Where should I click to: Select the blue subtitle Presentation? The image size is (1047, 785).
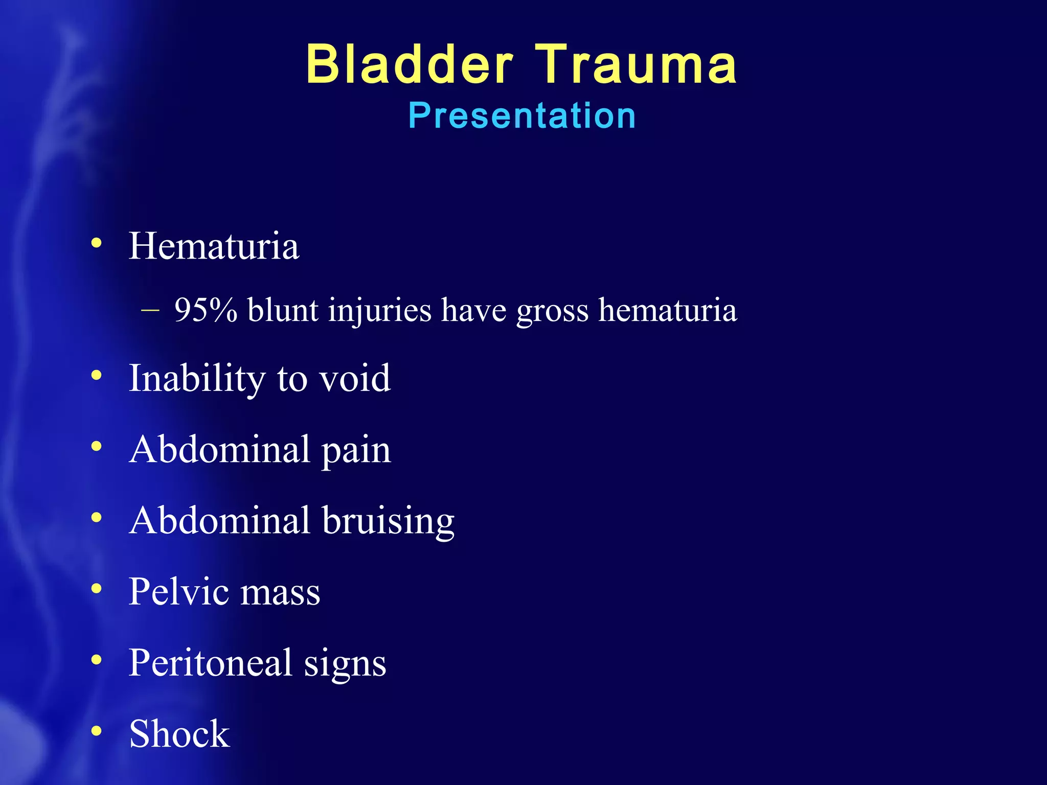click(522, 116)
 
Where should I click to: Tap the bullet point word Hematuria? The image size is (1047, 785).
click(214, 246)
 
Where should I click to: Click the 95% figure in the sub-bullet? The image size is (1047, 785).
click(206, 310)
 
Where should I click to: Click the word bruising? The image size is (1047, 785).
click(388, 521)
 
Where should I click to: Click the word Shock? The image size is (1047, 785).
click(179, 734)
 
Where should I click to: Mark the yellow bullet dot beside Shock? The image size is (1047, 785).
click(96, 731)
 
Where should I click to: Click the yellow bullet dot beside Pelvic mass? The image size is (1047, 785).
click(96, 589)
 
